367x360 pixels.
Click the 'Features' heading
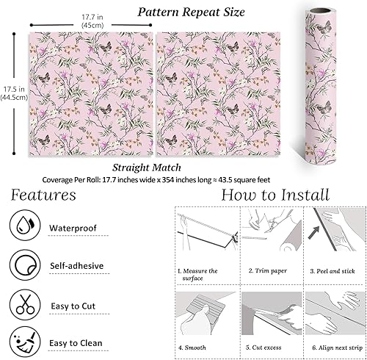point(43,195)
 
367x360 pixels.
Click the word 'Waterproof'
point(73,228)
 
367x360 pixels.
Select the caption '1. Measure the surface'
point(197,274)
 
